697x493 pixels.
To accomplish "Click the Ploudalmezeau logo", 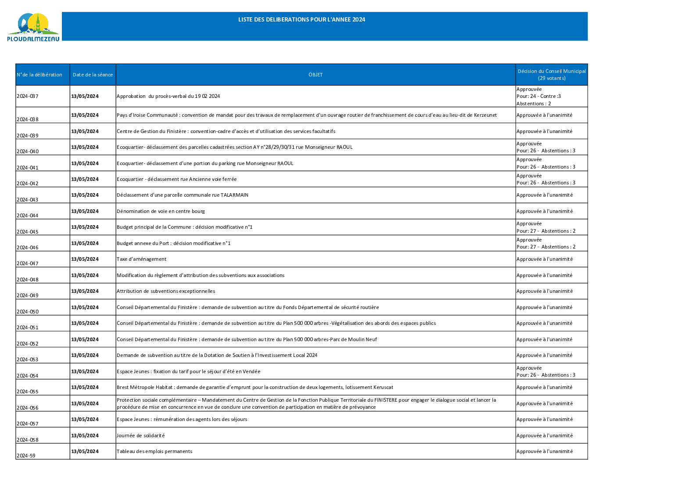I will point(33,27).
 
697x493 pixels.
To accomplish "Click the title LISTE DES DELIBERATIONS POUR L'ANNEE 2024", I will point(302,20).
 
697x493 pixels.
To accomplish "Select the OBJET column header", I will point(315,75).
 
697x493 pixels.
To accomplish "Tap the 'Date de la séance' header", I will point(93,75).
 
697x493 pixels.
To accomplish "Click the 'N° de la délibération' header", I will point(40,75).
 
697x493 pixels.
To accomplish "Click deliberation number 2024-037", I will point(28,96).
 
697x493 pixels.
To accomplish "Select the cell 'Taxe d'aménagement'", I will point(141,259).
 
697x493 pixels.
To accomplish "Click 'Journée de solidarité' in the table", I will point(140,435).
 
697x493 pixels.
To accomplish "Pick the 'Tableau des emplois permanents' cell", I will point(154,451).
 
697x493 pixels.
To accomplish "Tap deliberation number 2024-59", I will point(26,456).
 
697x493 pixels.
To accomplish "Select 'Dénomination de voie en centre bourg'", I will point(161,211).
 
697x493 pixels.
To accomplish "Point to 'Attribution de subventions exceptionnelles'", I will point(166,291).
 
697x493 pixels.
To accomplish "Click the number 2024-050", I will point(28,312).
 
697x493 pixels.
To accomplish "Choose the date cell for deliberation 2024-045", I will point(85,227).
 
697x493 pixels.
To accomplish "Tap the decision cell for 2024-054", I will point(546,371).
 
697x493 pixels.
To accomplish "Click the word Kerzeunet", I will point(485,115).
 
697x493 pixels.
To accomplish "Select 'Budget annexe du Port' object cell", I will point(173,243).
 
